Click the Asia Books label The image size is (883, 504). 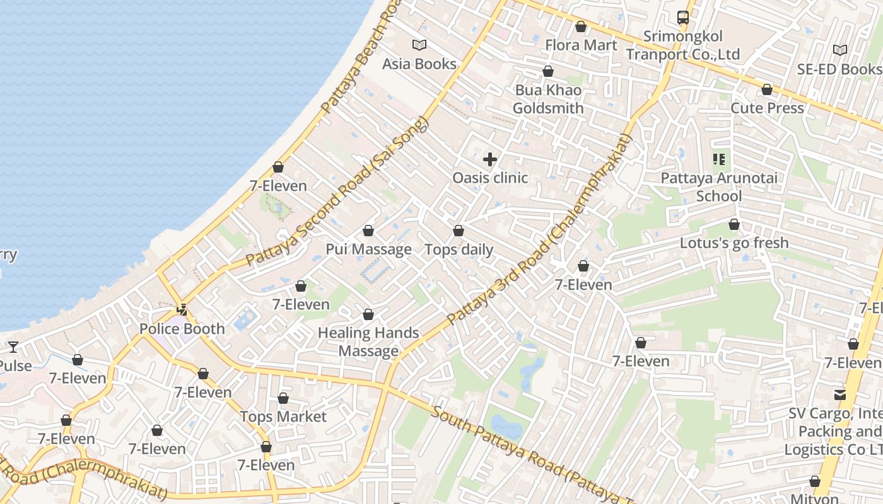click(x=419, y=64)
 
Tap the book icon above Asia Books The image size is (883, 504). click(x=419, y=45)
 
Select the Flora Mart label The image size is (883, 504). click(x=581, y=45)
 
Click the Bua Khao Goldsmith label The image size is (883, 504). click(x=548, y=99)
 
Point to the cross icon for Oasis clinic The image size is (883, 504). click(x=490, y=159)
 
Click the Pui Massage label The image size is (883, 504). click(x=368, y=249)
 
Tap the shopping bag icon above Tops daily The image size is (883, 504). click(x=459, y=231)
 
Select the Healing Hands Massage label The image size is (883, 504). click(x=368, y=341)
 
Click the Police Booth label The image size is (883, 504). click(x=182, y=328)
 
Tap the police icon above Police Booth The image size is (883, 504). click(x=182, y=309)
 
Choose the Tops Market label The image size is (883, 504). click(x=283, y=416)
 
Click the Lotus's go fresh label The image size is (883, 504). click(x=734, y=243)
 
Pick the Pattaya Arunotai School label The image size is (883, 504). click(x=719, y=186)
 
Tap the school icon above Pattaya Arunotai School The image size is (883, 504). click(x=719, y=159)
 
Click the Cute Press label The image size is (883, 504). click(x=767, y=108)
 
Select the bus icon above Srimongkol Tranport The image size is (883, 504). click(x=683, y=18)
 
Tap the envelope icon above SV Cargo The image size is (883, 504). click(x=840, y=395)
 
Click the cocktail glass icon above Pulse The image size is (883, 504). click(x=13, y=346)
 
